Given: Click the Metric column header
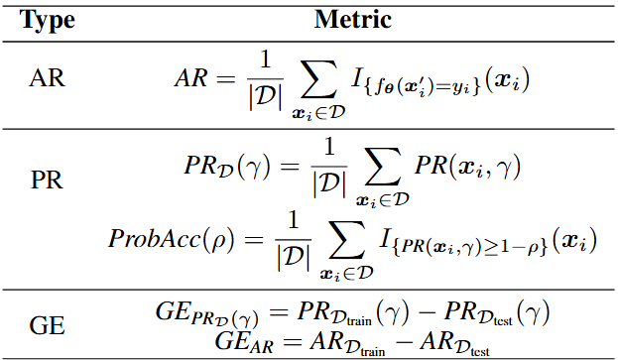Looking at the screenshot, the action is [353, 19].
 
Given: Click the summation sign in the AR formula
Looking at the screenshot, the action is [316, 78].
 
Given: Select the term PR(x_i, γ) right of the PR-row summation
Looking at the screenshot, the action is [465, 169].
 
